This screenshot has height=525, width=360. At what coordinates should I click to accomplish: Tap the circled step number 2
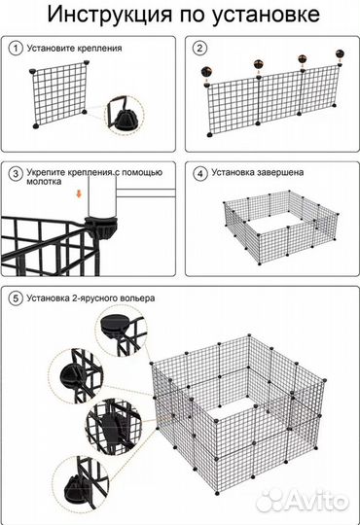pyautogui.click(x=198, y=47)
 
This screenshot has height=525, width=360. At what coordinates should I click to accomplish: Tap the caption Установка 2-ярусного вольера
pyautogui.click(x=93, y=297)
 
